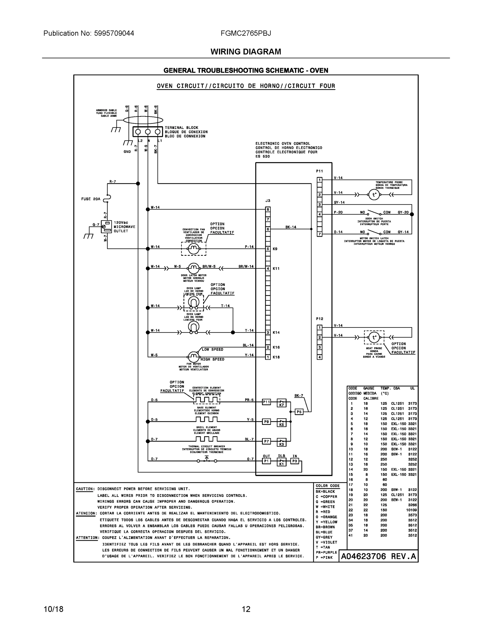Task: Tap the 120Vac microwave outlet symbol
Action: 106,227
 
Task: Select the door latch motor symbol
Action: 194,268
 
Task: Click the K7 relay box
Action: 282,403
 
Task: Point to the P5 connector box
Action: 299,412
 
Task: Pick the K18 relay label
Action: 276,357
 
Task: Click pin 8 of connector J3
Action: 268,209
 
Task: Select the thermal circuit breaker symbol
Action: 207,461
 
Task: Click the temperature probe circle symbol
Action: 374,195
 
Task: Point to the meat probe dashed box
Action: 374,337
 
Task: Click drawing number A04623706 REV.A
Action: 378,557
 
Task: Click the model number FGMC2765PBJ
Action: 246,33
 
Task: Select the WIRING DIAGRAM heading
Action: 246,52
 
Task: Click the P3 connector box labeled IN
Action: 295,461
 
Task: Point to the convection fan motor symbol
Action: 194,249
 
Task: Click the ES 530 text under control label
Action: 263,156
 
